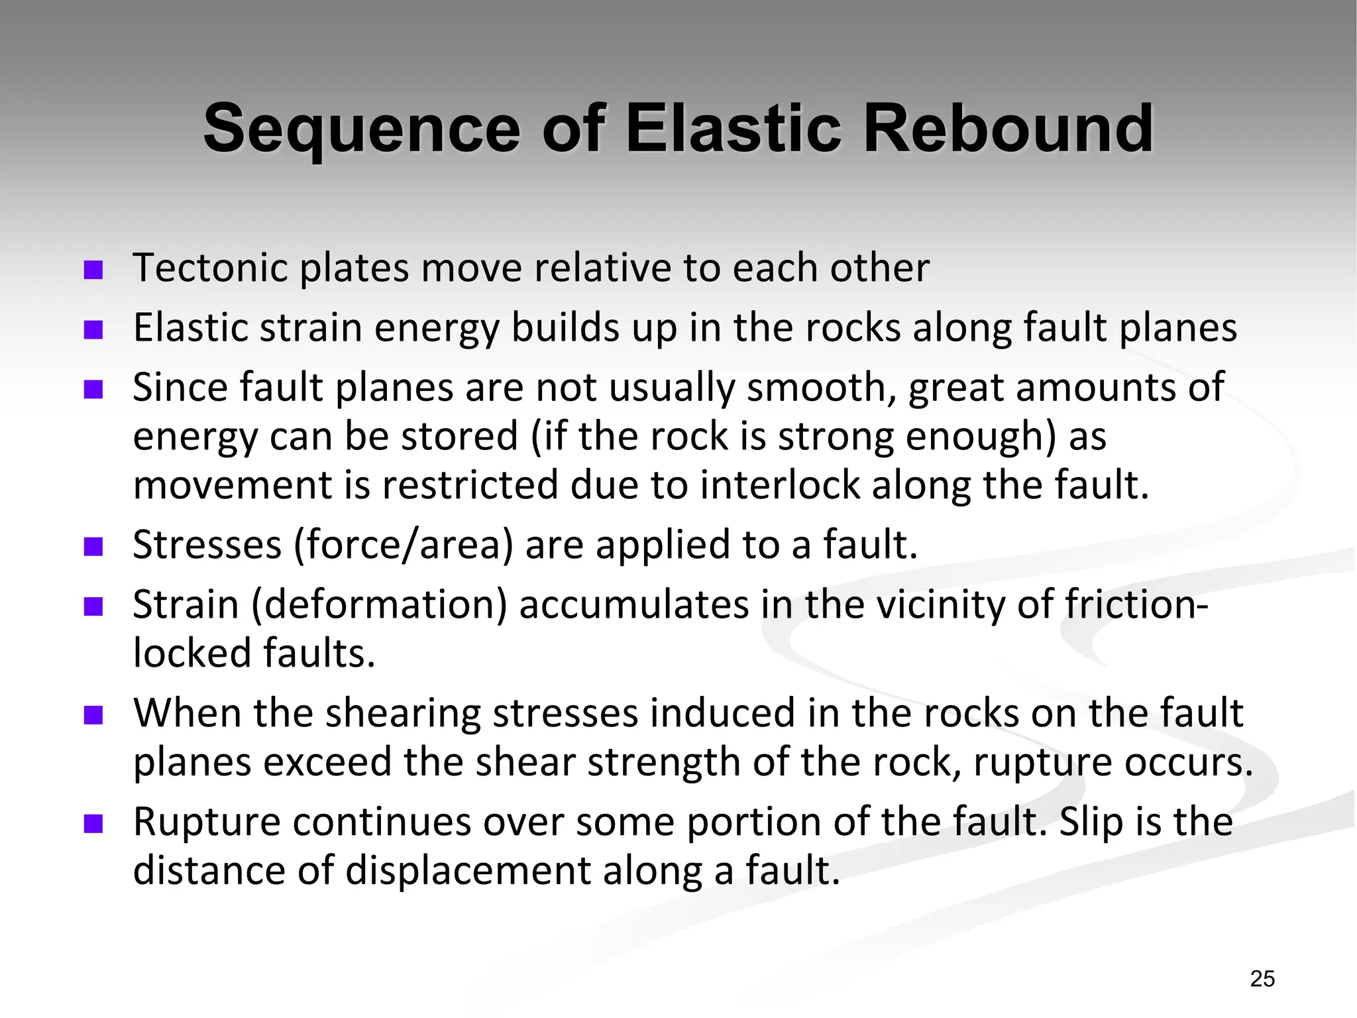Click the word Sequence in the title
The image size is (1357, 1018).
(x=361, y=129)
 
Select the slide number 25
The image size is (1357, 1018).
(x=1262, y=978)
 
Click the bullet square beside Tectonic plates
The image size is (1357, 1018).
(x=93, y=270)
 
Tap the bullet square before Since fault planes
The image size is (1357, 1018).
(x=93, y=389)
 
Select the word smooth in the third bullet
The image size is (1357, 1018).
(x=822, y=387)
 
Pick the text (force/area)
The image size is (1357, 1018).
(x=404, y=545)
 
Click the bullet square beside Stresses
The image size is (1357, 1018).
(x=93, y=547)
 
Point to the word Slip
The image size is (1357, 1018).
(x=1087, y=822)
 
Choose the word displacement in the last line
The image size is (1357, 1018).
(x=468, y=871)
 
